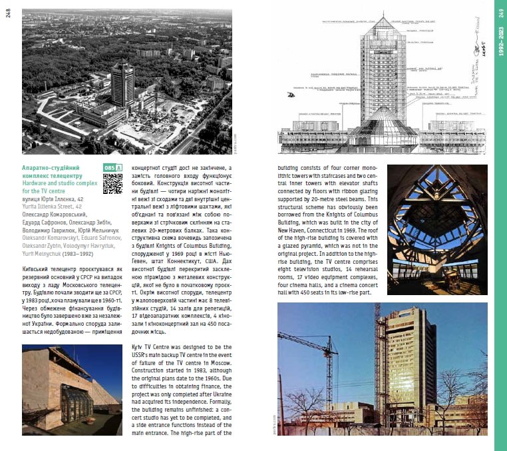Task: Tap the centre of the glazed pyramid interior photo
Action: tap(436, 221)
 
